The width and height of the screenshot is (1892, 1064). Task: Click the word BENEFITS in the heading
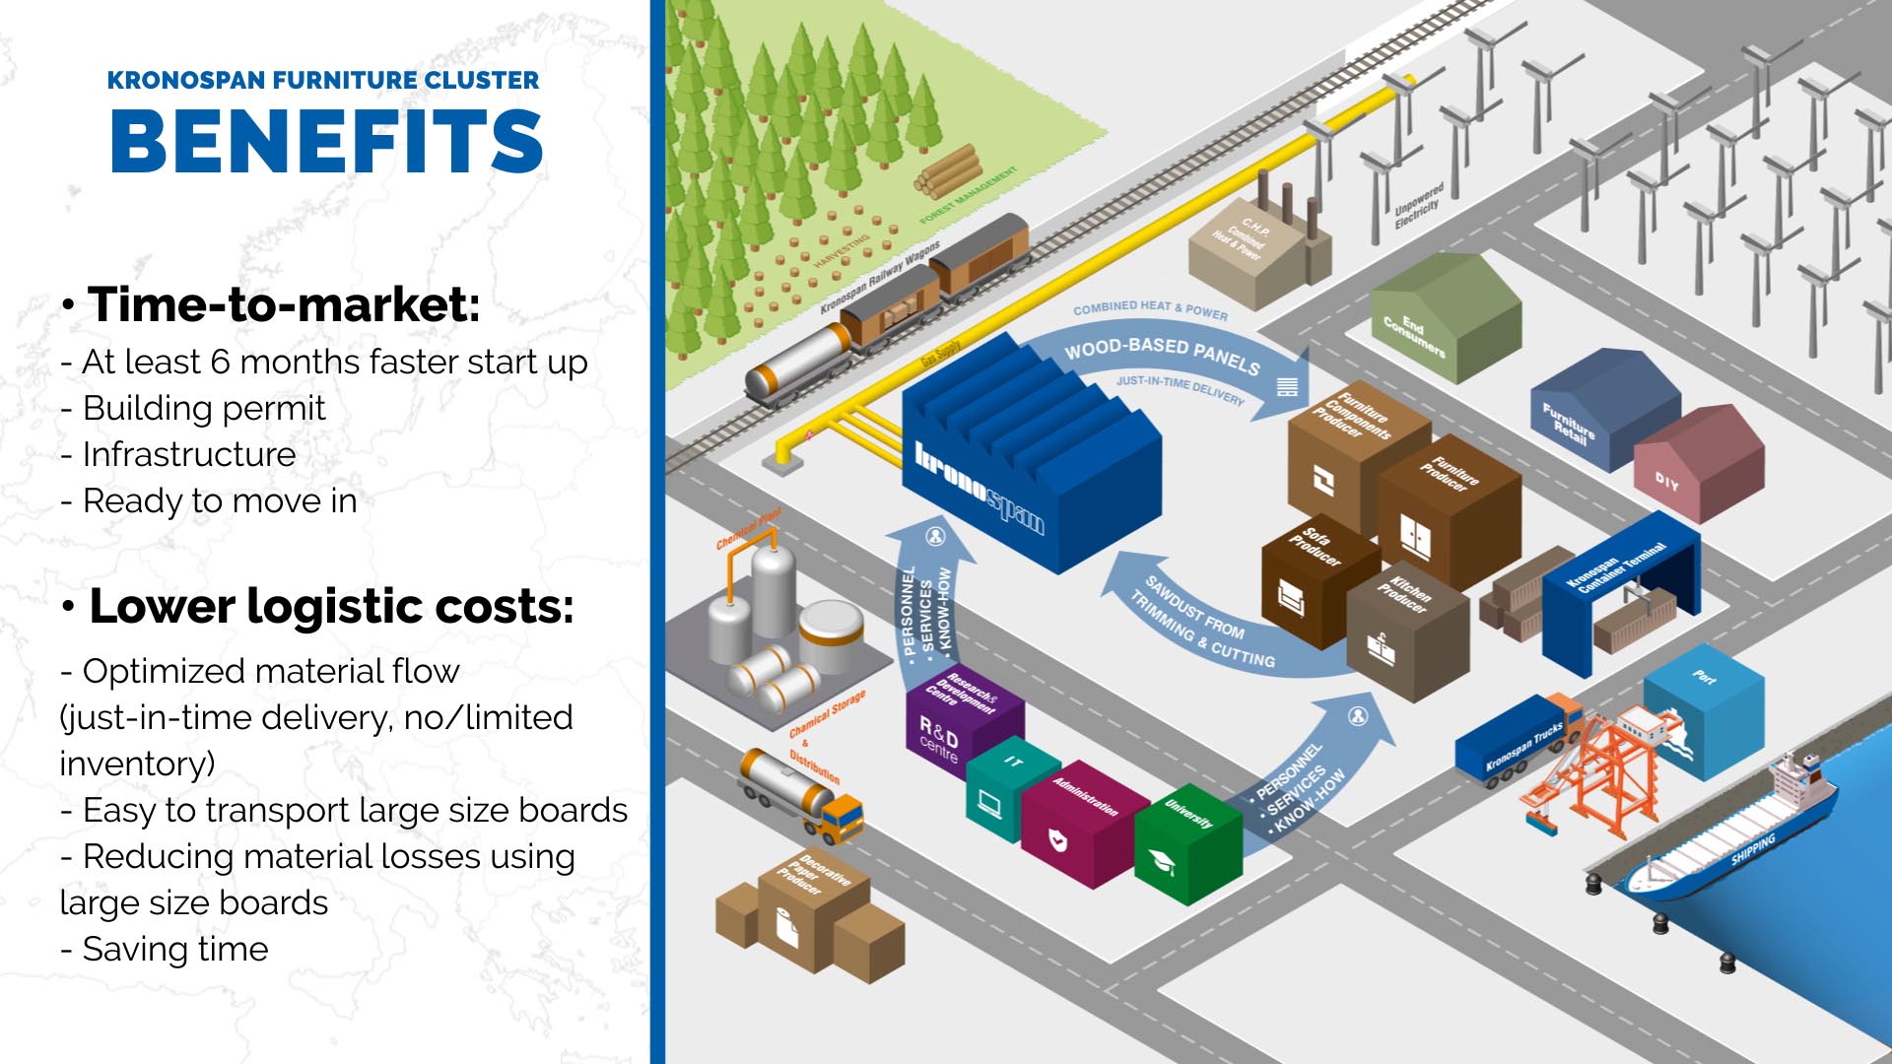pyautogui.click(x=326, y=140)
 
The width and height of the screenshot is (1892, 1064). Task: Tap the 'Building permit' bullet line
pyautogui.click(x=203, y=408)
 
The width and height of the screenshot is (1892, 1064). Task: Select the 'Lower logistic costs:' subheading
pyautogui.click(x=330, y=606)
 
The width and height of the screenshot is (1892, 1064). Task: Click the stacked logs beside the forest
pyautogui.click(x=947, y=172)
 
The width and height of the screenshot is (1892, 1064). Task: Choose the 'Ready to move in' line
pyautogui.click(x=219, y=500)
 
